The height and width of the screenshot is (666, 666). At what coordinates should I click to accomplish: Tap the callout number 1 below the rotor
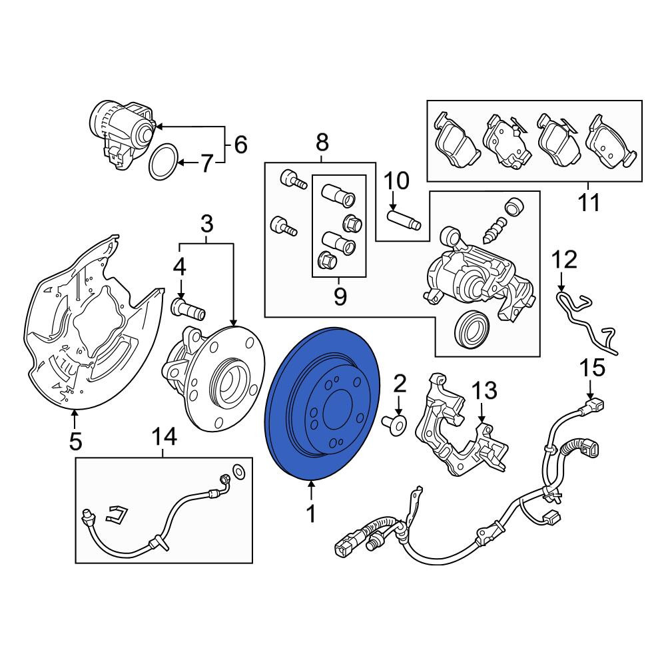(x=311, y=513)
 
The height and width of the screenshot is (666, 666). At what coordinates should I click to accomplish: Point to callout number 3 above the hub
(x=206, y=223)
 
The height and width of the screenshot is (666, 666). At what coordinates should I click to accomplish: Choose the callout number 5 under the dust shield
(x=75, y=442)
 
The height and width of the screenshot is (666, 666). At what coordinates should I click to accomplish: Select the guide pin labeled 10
(x=404, y=218)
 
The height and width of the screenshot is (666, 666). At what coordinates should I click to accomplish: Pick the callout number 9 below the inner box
(x=340, y=296)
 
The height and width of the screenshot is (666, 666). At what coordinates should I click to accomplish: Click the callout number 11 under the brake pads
(x=589, y=202)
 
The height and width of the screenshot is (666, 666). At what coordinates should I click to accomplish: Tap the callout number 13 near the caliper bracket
(x=485, y=390)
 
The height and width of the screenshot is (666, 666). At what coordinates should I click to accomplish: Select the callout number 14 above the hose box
(x=165, y=436)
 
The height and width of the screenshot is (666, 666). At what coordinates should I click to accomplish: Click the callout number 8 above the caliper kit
(x=322, y=143)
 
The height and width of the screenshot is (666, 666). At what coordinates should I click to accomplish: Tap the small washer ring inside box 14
(x=239, y=471)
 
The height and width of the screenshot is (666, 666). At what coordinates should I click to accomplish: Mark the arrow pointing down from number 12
(x=562, y=281)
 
